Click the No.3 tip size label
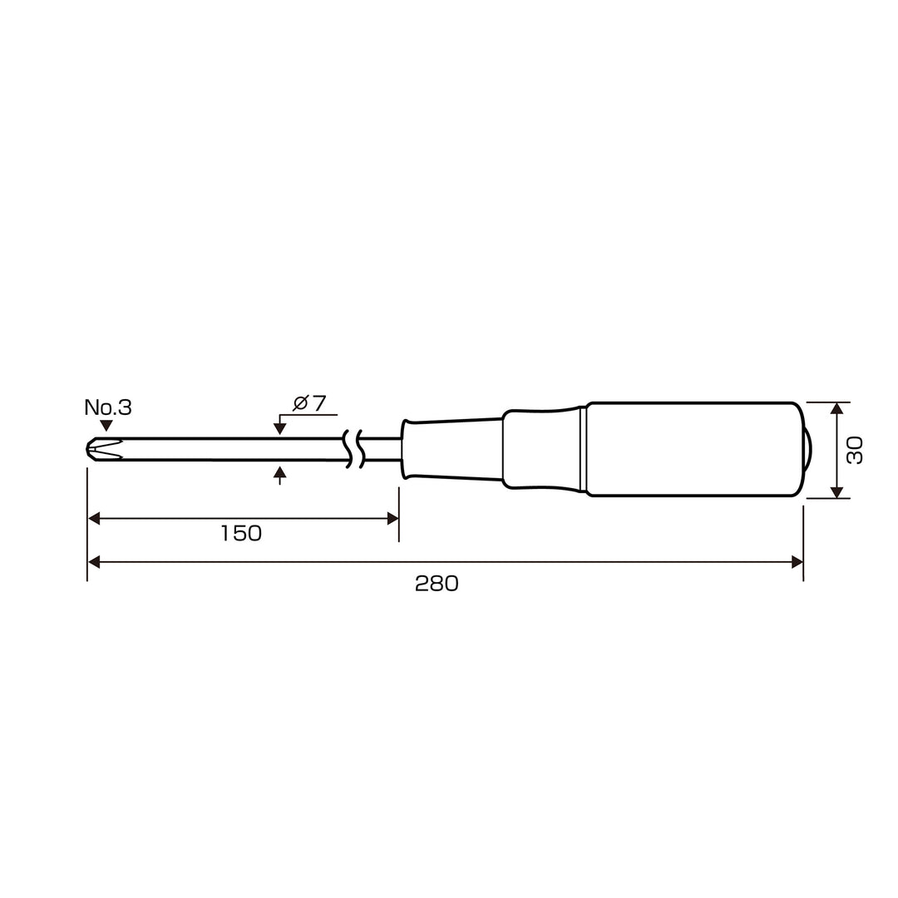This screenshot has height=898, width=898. point(107,407)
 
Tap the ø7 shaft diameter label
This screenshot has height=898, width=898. point(309,403)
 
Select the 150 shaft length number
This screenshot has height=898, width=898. point(241,533)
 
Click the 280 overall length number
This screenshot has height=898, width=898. point(437,584)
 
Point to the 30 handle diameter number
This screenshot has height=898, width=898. point(855,450)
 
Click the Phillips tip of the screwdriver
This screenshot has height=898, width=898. point(105,450)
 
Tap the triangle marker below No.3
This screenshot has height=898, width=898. point(106,426)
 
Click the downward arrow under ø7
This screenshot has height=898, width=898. point(279,428)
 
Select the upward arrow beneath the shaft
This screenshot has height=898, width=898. point(279,472)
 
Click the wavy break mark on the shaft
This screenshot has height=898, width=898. point(353,450)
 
